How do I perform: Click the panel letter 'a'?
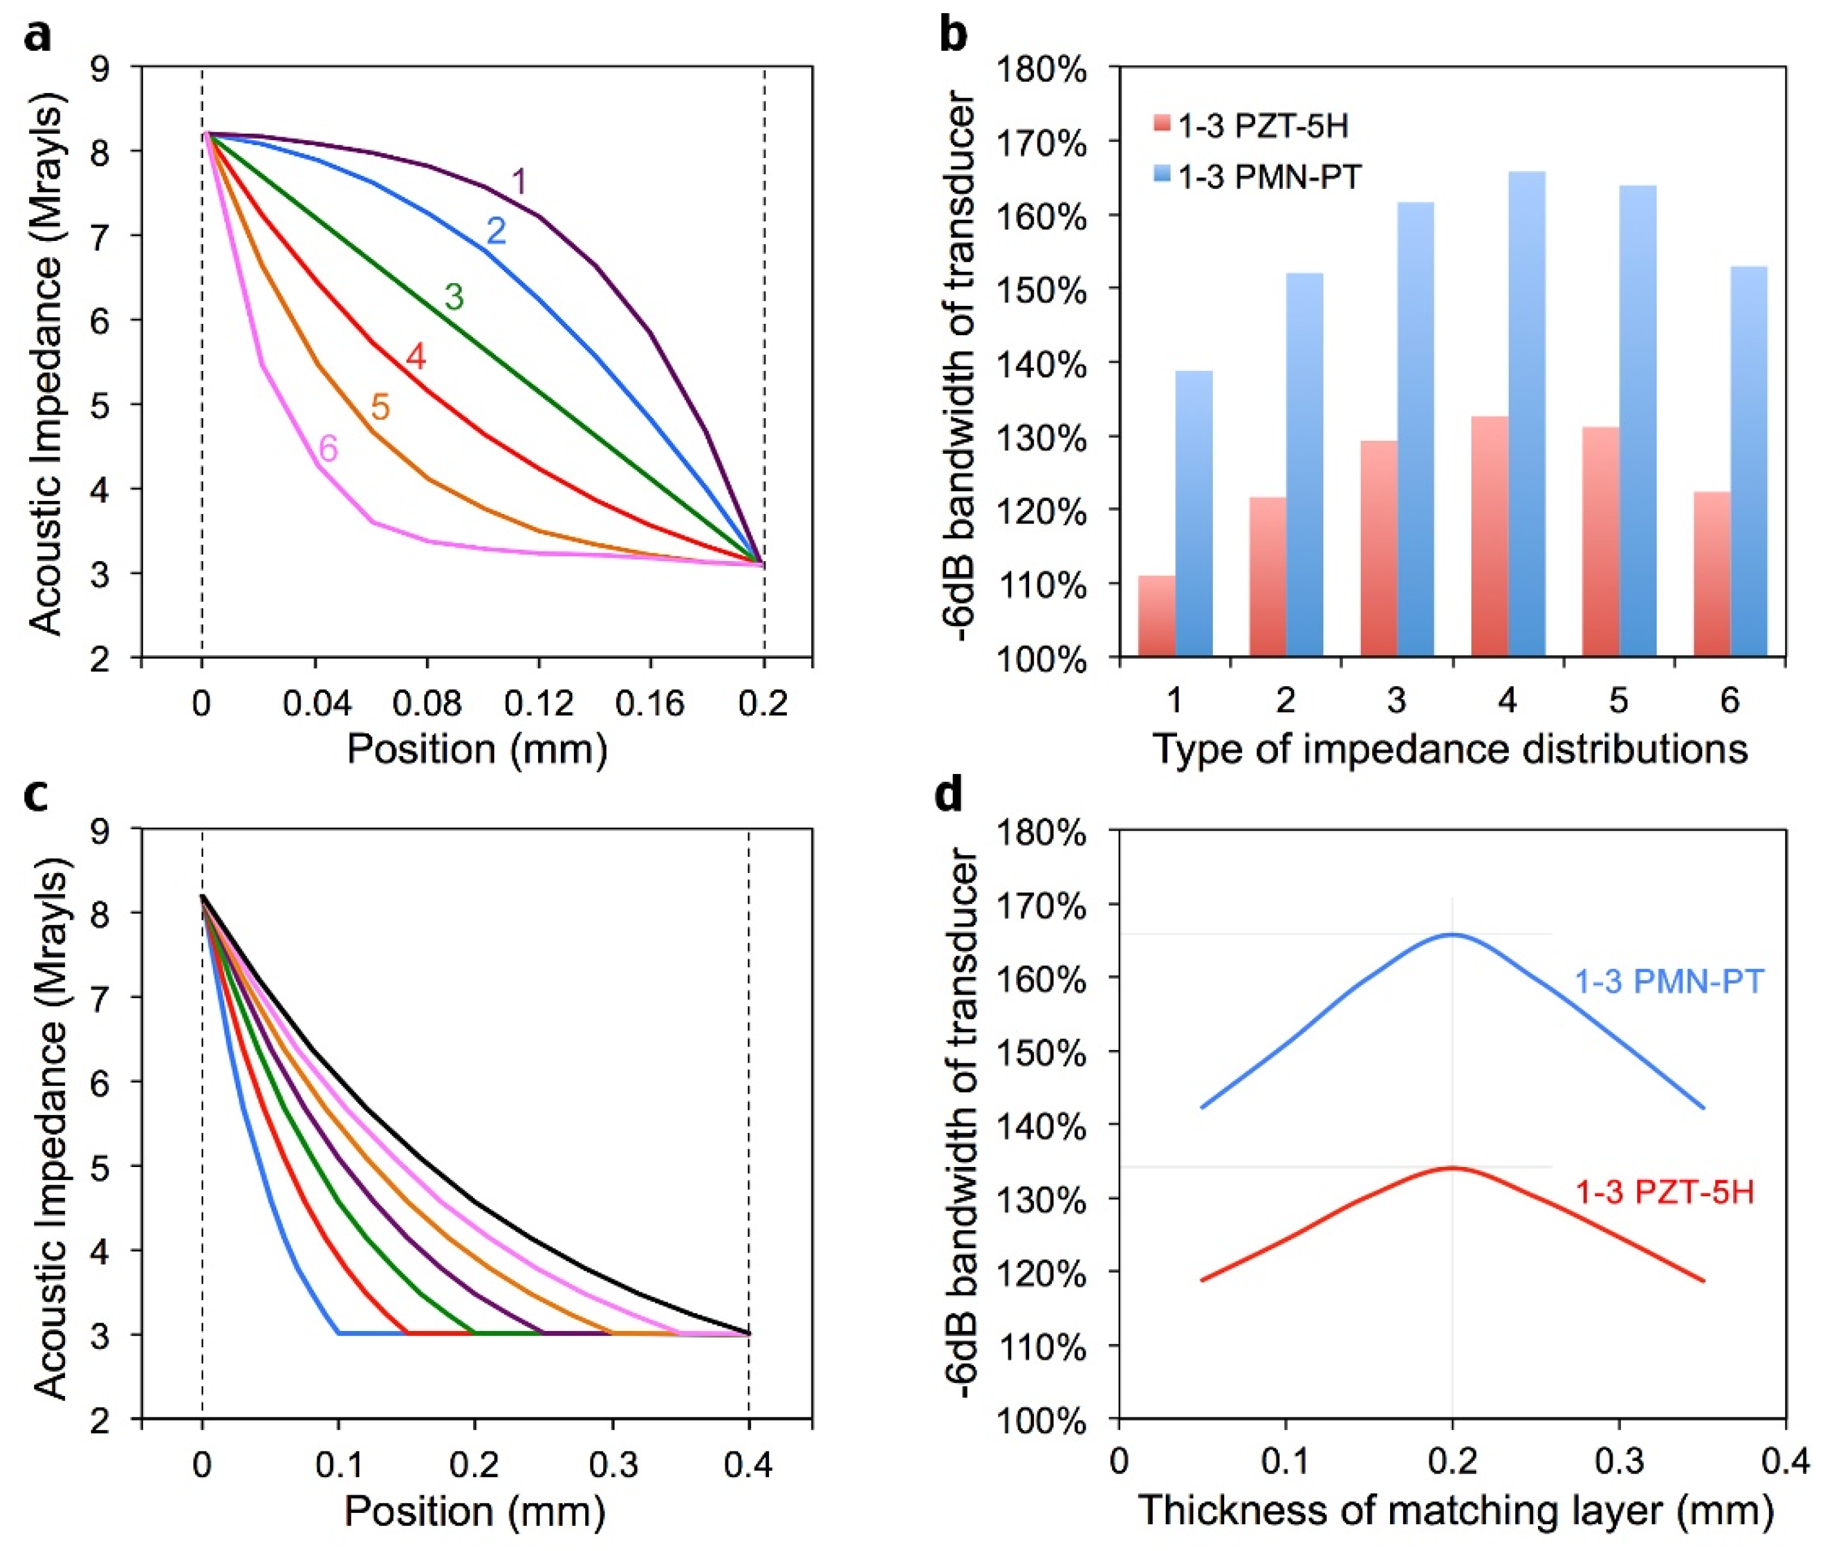pyautogui.click(x=38, y=37)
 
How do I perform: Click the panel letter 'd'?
pyautogui.click(x=950, y=795)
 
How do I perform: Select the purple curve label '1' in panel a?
pyautogui.click(x=519, y=182)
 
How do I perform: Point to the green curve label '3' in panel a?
pyautogui.click(x=454, y=297)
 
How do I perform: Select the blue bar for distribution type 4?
pyautogui.click(x=1526, y=413)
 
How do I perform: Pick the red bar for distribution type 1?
pyautogui.click(x=1156, y=615)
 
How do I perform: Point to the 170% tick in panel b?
pyautogui.click(x=1043, y=143)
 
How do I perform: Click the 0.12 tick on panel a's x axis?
pyautogui.click(x=538, y=704)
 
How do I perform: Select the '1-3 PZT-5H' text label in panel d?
pyautogui.click(x=1663, y=1193)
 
